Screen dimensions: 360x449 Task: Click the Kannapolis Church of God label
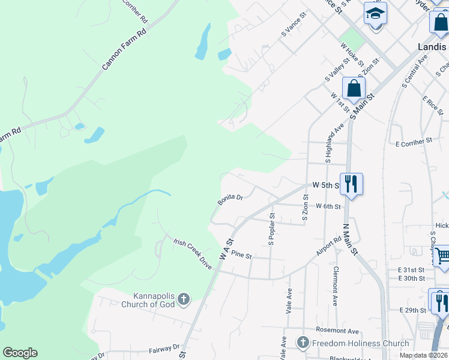tap(154, 300)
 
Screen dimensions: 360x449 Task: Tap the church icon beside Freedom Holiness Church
tap(303, 343)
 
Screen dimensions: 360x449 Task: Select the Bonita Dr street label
tap(230, 199)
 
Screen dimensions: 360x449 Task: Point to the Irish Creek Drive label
tap(193, 253)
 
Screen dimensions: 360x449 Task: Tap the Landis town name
tap(432, 46)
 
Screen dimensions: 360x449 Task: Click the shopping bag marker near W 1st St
tap(354, 88)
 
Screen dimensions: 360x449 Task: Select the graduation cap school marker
tap(376, 13)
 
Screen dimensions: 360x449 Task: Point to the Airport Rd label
tap(330, 246)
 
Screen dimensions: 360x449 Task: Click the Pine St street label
tap(241, 256)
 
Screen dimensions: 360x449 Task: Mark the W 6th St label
tap(328, 206)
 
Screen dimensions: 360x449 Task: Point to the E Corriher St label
tap(414, 141)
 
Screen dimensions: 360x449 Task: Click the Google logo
tap(20, 353)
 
